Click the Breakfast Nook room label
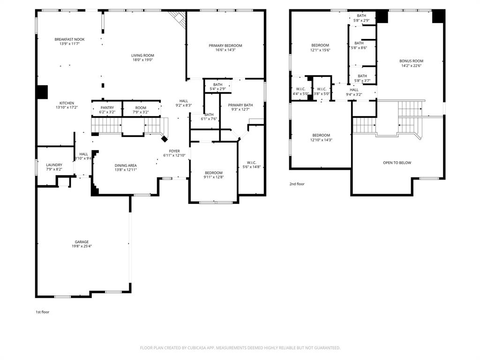(69, 40)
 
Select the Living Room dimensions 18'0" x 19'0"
(142, 60)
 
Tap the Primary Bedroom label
(225, 45)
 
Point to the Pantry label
(107, 108)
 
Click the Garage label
(82, 242)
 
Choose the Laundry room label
(54, 165)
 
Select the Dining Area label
(126, 165)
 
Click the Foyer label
(174, 151)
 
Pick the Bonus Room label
(411, 61)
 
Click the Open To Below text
(397, 163)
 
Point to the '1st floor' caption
(43, 312)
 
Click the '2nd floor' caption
(297, 184)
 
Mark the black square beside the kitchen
(42, 92)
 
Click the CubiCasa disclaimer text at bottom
(240, 348)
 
